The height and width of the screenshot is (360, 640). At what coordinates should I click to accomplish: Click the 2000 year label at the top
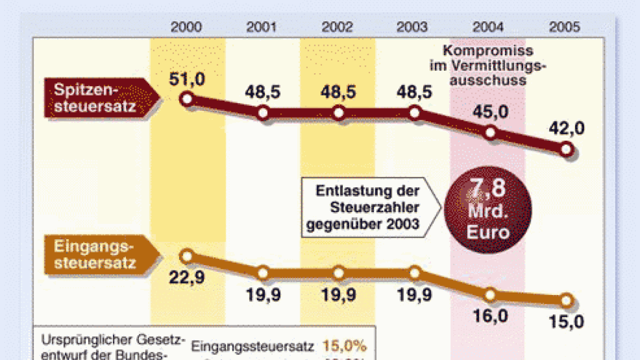pyautogui.click(x=187, y=27)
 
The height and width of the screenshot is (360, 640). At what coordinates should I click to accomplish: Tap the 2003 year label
pyautogui.click(x=412, y=27)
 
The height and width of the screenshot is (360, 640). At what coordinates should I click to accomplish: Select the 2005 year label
pyautogui.click(x=564, y=27)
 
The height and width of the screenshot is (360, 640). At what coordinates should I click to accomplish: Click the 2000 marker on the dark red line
pyautogui.click(x=187, y=99)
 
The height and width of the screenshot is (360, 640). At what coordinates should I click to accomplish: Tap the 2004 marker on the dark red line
pyautogui.click(x=490, y=133)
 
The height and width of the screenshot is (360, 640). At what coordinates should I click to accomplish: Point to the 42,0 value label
pyautogui.click(x=567, y=128)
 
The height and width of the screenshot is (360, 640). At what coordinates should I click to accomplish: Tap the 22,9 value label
pyautogui.click(x=187, y=277)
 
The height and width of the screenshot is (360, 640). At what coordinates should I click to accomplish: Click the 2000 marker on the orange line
pyautogui.click(x=187, y=256)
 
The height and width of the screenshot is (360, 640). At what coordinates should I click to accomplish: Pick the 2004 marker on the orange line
pyautogui.click(x=490, y=296)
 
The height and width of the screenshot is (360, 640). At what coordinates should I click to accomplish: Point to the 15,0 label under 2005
pyautogui.click(x=566, y=322)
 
